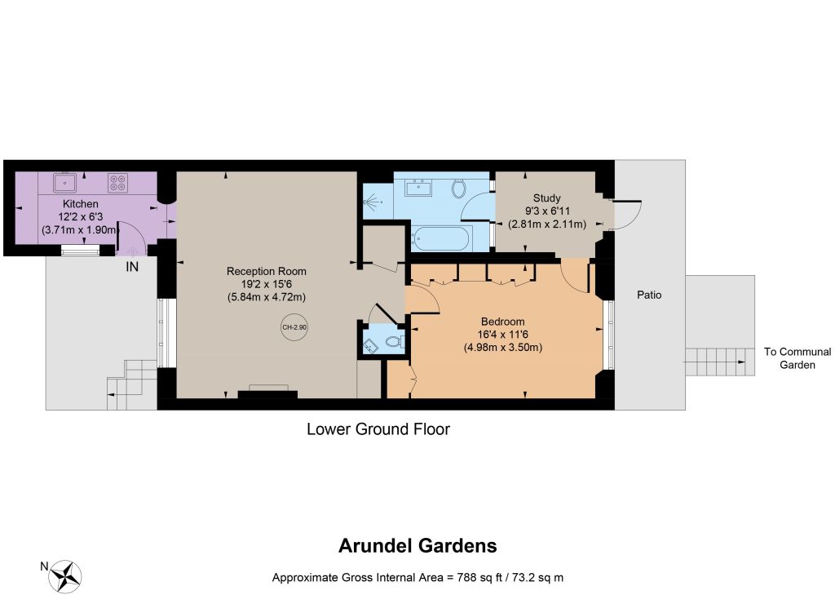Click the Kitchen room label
81,203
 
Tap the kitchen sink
65,183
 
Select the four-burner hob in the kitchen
117,183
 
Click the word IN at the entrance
132,267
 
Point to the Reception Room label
267,271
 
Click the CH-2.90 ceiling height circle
294,327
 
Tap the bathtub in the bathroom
441,238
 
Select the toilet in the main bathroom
459,188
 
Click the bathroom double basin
418,188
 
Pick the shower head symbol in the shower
372,202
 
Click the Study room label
547,198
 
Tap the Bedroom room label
502,322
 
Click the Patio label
649,295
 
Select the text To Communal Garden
797,358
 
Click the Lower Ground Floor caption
378,429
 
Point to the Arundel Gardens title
417,545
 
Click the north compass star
65,577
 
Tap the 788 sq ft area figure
479,577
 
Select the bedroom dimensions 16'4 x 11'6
502,335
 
